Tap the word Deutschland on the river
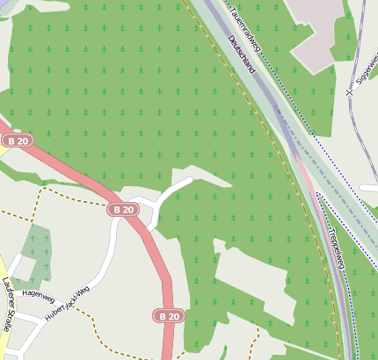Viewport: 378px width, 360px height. coord(241,54)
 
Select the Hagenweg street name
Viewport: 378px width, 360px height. coord(38,295)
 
